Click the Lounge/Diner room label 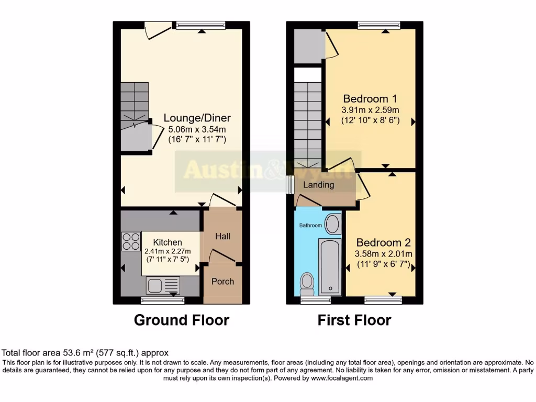click(x=197, y=118)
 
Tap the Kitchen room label click(x=167, y=242)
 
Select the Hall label click(x=223, y=237)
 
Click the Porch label click(x=222, y=282)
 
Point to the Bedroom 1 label click(x=370, y=98)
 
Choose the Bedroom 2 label click(x=383, y=243)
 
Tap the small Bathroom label click(x=310, y=226)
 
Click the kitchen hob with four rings click(x=131, y=241)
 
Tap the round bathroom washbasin click(x=332, y=224)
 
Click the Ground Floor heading click(x=182, y=320)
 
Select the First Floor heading click(x=354, y=320)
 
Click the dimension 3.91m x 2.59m click(x=370, y=110)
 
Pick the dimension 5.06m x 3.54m click(x=197, y=129)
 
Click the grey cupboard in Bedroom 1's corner click(x=307, y=46)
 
